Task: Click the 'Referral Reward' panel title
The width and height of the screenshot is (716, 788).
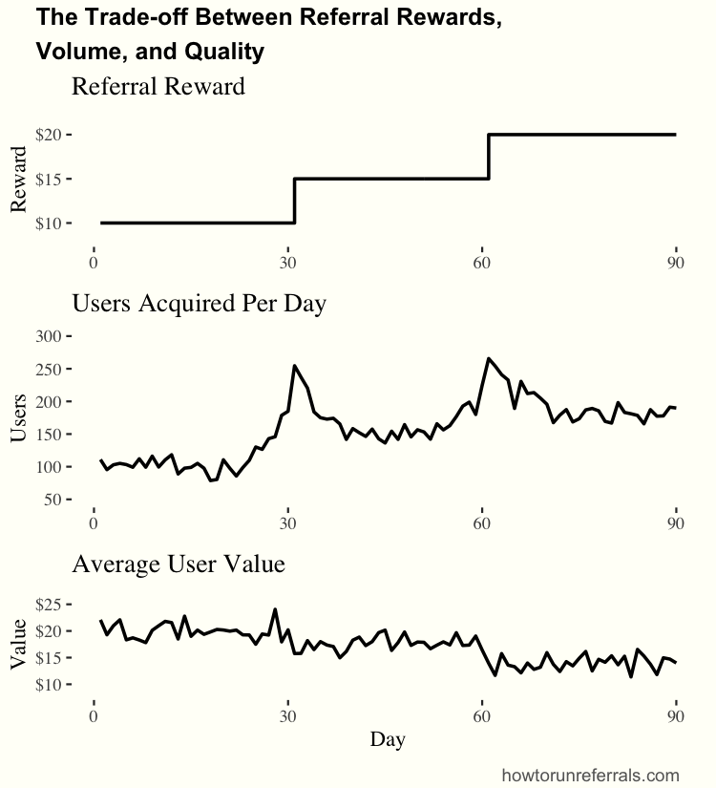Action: coord(158,86)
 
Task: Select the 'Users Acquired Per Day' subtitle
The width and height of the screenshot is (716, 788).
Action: coord(200,304)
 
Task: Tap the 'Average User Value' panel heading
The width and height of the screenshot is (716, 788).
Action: coord(179,564)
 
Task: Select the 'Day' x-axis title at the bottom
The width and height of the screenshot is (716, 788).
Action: coord(387,738)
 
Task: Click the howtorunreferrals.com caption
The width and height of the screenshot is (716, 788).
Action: coord(590,775)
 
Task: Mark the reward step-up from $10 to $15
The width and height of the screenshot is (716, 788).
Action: coord(295,201)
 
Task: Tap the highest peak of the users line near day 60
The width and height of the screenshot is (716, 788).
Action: coord(489,359)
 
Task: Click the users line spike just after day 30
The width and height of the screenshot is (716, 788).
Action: coord(294,366)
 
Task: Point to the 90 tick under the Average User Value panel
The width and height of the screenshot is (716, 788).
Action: coord(675,713)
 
